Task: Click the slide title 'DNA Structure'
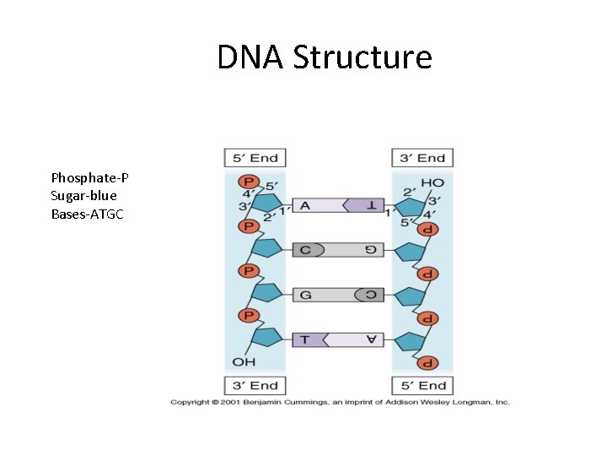[325, 58]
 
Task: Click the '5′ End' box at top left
[255, 158]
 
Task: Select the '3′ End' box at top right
[422, 158]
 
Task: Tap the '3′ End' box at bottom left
[255, 385]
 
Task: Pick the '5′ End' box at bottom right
[422, 385]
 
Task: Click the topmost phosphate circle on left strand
[248, 182]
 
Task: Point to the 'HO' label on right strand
[432, 182]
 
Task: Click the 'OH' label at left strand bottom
[244, 361]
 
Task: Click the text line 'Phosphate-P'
[89, 177]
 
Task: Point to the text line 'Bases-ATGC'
[87, 214]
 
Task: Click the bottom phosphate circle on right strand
[427, 362]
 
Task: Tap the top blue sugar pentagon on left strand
[266, 204]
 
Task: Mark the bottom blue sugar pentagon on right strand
[411, 341]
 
